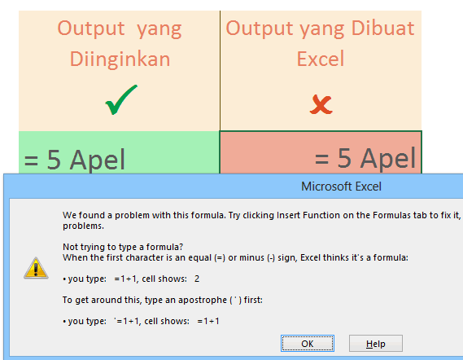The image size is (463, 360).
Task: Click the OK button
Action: click(x=307, y=344)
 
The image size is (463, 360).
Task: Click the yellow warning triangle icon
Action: click(x=35, y=266)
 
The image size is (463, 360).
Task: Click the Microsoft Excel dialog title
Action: click(x=342, y=187)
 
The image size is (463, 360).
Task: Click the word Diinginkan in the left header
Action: click(x=120, y=59)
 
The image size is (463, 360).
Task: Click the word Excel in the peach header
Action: click(x=321, y=59)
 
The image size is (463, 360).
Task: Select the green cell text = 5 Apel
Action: click(x=75, y=160)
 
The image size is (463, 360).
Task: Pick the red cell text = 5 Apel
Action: click(x=365, y=159)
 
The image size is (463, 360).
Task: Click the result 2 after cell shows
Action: click(x=197, y=279)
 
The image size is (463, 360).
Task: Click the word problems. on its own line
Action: click(x=82, y=226)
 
